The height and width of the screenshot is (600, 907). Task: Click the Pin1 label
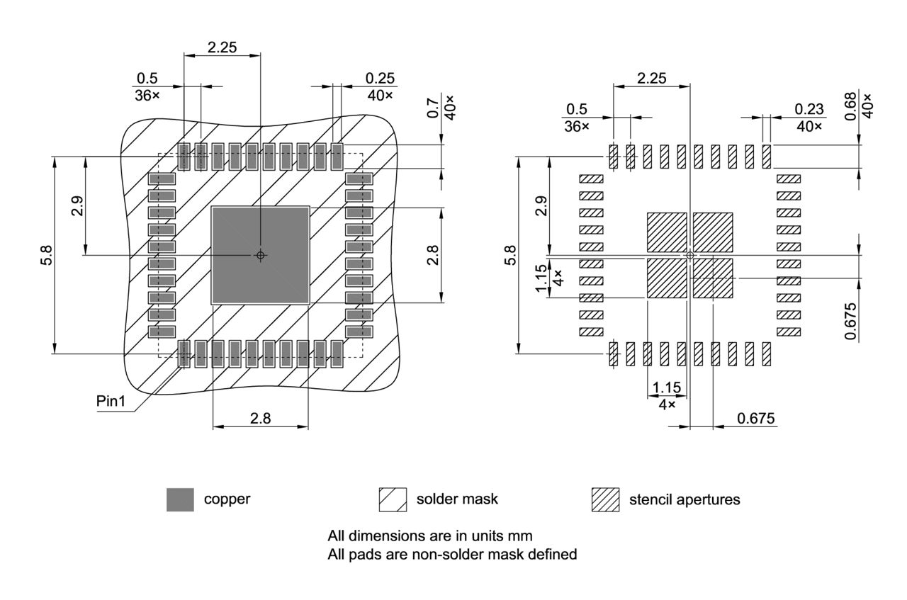pos(111,402)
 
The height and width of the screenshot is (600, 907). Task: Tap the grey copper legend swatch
pos(180,499)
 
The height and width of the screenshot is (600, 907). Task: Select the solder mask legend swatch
pos(393,499)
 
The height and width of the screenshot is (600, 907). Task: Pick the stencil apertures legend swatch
pos(605,499)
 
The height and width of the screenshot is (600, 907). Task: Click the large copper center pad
pos(241,234)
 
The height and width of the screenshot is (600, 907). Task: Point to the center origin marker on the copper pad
pos(261,255)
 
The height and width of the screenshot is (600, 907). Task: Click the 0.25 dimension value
pos(380,79)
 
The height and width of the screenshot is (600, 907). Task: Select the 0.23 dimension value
pos(809,109)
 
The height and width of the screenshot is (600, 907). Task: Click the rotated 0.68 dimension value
pos(850,107)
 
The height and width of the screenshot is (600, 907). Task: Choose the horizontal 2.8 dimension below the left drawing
pos(260,418)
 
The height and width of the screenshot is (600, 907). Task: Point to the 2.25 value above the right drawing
pos(651,79)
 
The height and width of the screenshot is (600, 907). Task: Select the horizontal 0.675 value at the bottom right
pos(756,418)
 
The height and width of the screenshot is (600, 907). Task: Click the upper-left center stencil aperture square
pos(667,232)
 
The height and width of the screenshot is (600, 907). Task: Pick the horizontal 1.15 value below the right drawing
pos(667,387)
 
